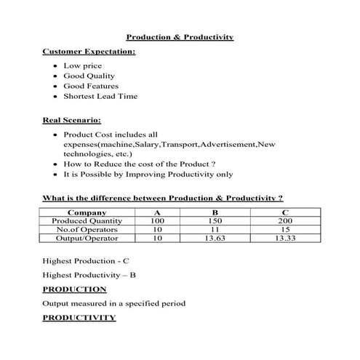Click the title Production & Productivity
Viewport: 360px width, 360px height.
[180, 36]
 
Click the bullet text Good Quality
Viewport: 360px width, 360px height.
[89, 76]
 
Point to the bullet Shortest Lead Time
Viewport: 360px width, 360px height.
[100, 96]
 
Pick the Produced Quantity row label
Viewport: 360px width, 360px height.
[87, 220]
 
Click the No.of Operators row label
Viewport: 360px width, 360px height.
[87, 229]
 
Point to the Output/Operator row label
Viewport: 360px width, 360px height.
[87, 238]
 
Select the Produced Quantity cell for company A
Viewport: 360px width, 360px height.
[157, 220]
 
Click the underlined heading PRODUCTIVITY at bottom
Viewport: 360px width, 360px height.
[79, 318]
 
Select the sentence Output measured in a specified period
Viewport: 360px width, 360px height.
[114, 303]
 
